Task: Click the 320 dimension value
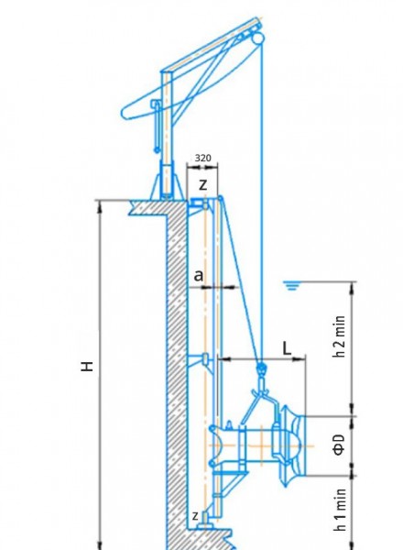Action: point(203,158)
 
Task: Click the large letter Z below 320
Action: point(203,184)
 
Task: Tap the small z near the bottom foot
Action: point(195,515)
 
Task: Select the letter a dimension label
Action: point(199,276)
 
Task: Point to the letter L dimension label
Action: point(287,348)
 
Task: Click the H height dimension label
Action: point(87,366)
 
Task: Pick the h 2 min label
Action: point(340,336)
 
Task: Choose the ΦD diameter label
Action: point(339,445)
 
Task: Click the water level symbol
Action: point(291,286)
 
